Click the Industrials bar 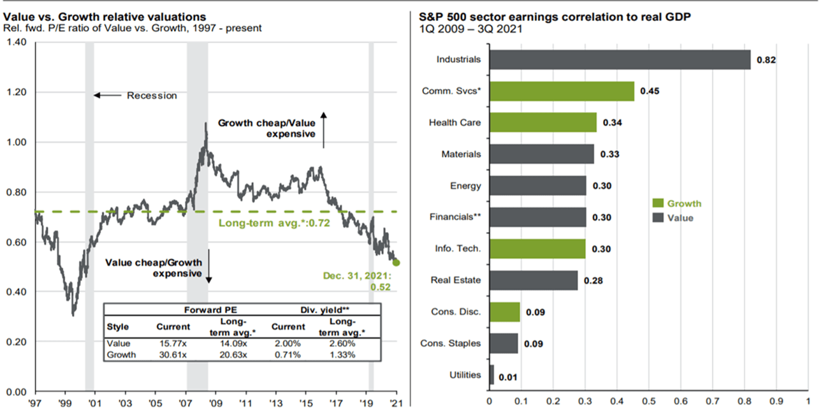(x=620, y=60)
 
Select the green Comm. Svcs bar (x=562, y=91)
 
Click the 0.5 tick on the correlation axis (x=649, y=402)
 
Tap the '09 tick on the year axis (x=216, y=404)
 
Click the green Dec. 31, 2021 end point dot (x=397, y=263)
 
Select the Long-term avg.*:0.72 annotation (x=274, y=223)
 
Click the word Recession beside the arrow (x=152, y=96)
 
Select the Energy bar (x=537, y=186)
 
